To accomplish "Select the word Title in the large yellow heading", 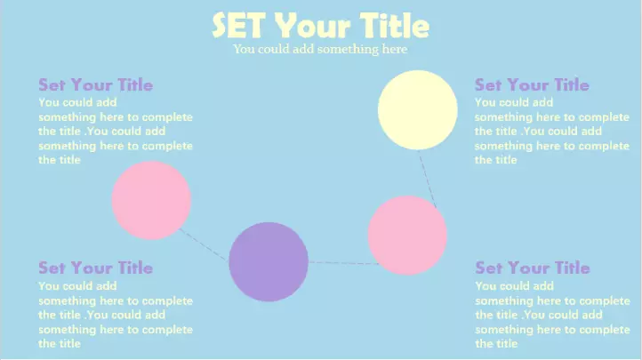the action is [x=395, y=26].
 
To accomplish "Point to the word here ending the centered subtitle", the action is [x=395, y=49].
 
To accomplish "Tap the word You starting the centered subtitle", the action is [x=244, y=49].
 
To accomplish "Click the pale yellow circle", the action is [x=418, y=109].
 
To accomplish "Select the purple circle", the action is [x=269, y=262].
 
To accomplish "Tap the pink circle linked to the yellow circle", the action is [x=407, y=236].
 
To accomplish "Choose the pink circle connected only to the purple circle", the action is [x=151, y=201].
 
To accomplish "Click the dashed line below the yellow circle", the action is [x=427, y=180].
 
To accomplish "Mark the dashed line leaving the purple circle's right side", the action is [x=344, y=263].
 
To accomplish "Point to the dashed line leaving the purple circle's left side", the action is [x=204, y=244].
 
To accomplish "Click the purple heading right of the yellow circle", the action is [x=532, y=84].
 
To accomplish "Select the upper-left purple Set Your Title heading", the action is [x=95, y=84].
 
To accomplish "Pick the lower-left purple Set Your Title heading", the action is [x=95, y=268].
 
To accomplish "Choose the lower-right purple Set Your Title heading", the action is [x=533, y=268].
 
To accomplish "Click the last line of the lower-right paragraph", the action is [x=496, y=344].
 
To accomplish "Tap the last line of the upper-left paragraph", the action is [x=60, y=160].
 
